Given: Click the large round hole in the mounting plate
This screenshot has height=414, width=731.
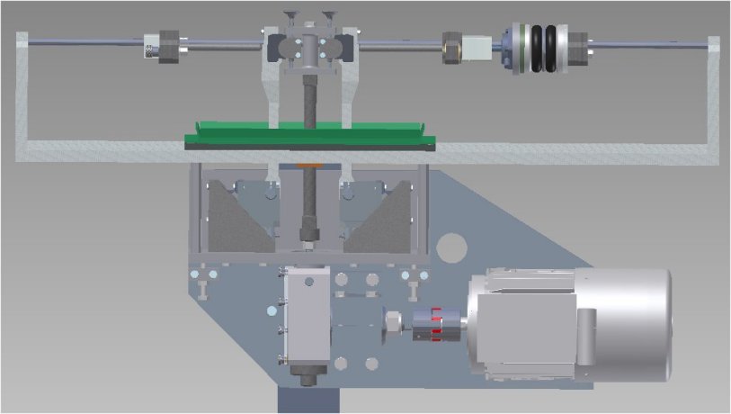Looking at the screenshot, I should coord(455,246).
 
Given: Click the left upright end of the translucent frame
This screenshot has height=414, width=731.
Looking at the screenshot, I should coord(22,90).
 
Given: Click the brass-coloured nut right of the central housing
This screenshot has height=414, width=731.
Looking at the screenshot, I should coord(452,46).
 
